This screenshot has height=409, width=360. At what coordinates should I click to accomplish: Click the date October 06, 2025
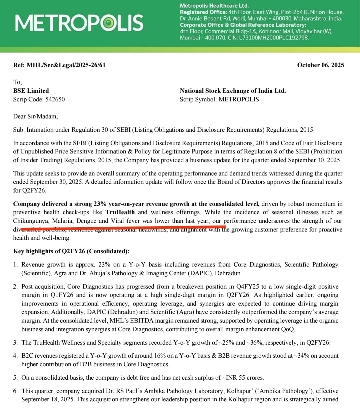tap(320, 65)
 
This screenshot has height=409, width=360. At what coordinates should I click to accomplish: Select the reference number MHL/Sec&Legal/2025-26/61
tap(66, 65)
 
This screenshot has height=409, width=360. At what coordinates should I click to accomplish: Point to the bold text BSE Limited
tap(31, 91)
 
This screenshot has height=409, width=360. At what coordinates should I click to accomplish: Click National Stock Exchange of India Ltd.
tap(233, 91)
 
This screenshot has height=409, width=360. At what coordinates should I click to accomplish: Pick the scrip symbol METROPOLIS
tap(239, 99)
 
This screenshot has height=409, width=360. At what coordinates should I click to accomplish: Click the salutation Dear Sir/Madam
tap(35, 117)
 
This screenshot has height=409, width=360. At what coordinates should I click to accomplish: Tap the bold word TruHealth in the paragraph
tap(120, 212)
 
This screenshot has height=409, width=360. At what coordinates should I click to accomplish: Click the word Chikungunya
tap(31, 221)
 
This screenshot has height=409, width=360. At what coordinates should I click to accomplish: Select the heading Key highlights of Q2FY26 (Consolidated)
tap(71, 251)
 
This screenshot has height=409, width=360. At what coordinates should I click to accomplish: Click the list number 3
tap(15, 343)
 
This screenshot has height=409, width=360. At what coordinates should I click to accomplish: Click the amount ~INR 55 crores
tap(243, 378)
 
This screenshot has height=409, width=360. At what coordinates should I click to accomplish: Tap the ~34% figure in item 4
tap(301, 356)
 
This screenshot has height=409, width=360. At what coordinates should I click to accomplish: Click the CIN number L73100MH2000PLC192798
tap(274, 38)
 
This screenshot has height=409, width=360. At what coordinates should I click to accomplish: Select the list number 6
tap(15, 391)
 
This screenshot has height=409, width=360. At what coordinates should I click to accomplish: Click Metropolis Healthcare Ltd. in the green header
tap(214, 6)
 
